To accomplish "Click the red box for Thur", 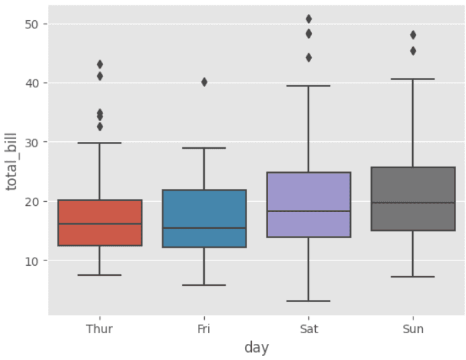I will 100,223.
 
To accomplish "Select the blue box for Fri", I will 204,219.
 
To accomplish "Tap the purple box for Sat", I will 308,205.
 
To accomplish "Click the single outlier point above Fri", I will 204,82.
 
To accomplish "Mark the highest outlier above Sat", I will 308,19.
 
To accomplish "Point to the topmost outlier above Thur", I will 100,65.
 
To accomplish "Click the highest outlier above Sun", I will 413,35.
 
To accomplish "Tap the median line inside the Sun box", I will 413,203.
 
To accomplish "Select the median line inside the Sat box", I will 308,211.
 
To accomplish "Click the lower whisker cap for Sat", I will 308,301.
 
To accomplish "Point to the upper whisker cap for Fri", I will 204,148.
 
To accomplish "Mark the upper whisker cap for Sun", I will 413,79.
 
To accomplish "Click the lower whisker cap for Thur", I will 100,275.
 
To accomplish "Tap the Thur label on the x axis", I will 100,329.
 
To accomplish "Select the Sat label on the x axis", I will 308,329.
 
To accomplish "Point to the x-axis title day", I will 256,348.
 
